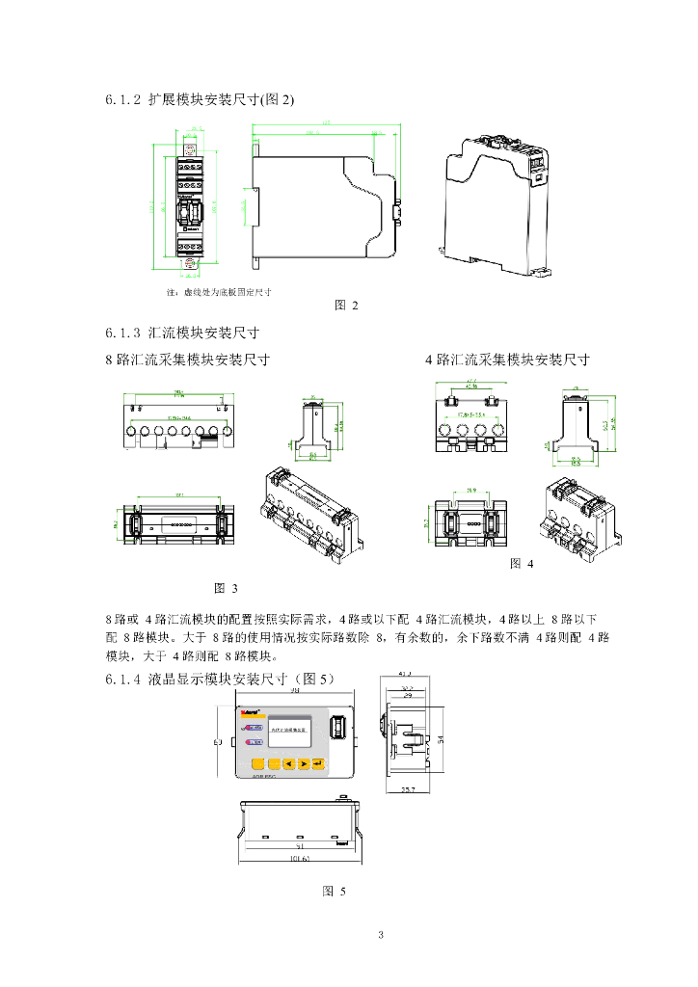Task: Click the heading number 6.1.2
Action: pyautogui.click(x=123, y=99)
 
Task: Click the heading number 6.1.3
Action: pyautogui.click(x=123, y=333)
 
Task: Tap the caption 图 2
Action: pyautogui.click(x=346, y=306)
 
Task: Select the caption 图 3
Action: pyautogui.click(x=225, y=587)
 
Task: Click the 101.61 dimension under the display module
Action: pyautogui.click(x=301, y=858)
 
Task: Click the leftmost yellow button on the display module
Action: pyautogui.click(x=247, y=763)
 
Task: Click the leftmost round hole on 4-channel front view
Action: pyautogui.click(x=447, y=430)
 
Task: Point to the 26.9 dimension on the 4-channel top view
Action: pyautogui.click(x=470, y=492)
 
